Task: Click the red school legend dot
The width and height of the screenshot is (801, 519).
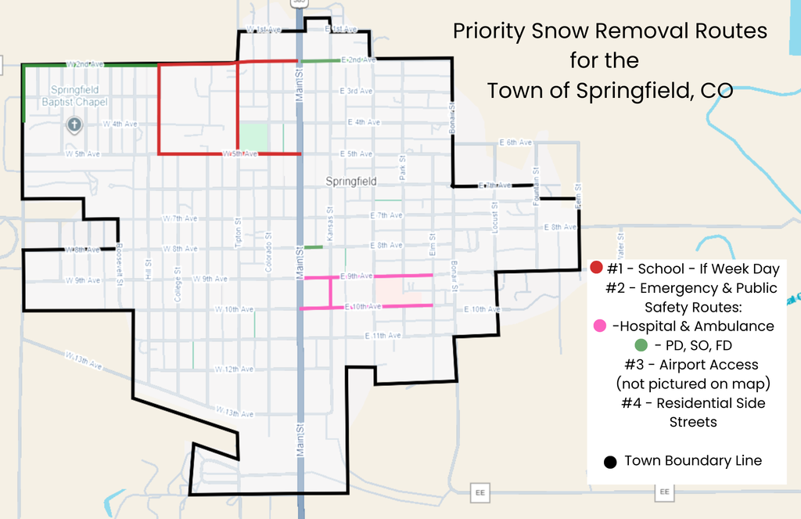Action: coord(597,269)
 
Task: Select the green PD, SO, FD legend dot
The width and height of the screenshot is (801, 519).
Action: coord(641,345)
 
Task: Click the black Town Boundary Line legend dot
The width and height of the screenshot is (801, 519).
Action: coord(611,462)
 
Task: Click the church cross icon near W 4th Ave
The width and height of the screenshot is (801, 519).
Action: coord(74,124)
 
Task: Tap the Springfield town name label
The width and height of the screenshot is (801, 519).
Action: coord(351,182)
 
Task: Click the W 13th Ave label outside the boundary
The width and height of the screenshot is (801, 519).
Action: coord(84,360)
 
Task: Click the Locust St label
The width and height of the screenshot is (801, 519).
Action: coord(494,215)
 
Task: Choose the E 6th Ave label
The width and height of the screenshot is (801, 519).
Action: coord(515,142)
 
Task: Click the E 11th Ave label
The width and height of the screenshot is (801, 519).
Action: coord(383,336)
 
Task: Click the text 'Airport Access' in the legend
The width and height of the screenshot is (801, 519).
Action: coord(709,365)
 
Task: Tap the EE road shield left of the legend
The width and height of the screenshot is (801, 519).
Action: coord(479,492)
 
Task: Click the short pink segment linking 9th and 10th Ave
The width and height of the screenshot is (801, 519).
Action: coord(330,292)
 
